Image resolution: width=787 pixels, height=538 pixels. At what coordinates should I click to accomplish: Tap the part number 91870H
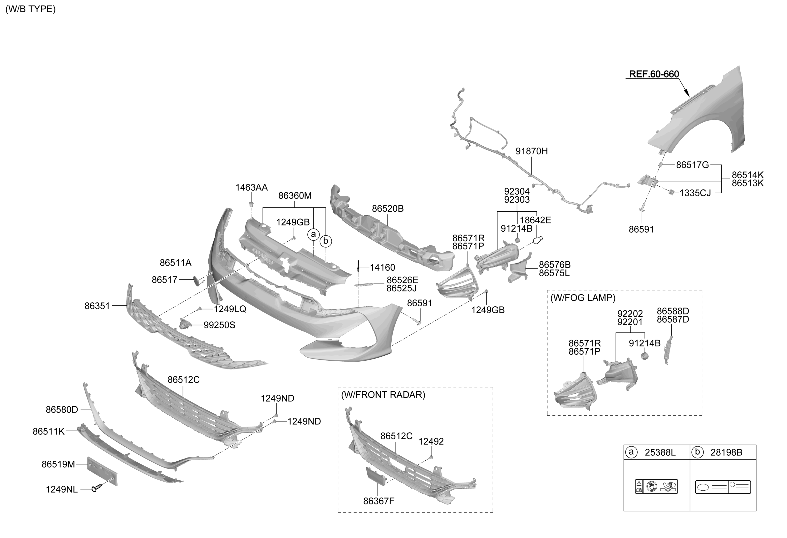(x=531, y=151)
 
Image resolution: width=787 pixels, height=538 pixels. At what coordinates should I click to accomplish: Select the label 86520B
(x=388, y=209)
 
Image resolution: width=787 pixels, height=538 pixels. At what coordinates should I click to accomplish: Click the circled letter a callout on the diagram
(x=313, y=234)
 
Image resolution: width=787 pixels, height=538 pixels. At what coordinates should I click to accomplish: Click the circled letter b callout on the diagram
(x=325, y=241)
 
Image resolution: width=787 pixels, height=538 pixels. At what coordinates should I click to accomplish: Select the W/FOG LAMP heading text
(x=582, y=298)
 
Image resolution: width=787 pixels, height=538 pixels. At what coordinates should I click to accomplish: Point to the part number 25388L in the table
(x=660, y=452)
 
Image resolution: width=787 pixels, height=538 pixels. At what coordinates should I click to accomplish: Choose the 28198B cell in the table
(x=726, y=452)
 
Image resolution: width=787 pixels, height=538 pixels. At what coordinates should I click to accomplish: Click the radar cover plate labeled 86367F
(x=376, y=476)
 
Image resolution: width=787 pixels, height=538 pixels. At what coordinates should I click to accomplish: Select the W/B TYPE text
(x=30, y=9)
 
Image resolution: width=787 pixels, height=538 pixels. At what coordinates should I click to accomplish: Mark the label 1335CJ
(x=695, y=193)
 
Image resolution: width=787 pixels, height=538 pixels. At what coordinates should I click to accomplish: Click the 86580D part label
(x=62, y=410)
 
